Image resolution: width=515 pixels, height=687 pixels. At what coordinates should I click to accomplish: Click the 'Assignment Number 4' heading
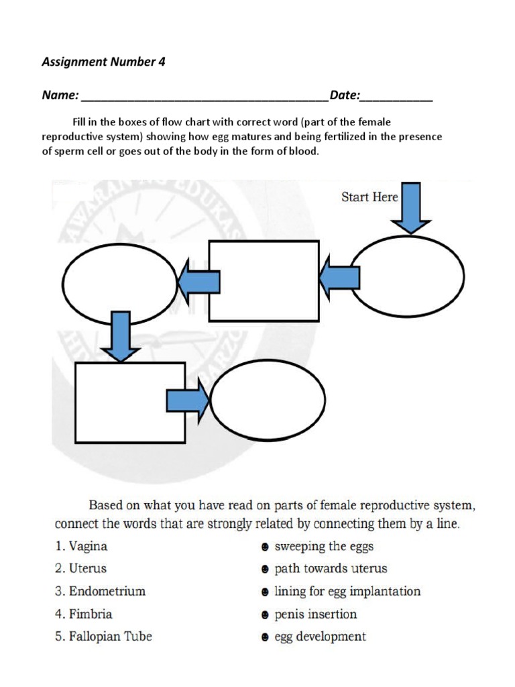pos(103,62)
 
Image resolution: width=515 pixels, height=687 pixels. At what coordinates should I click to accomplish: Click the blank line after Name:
pos(205,98)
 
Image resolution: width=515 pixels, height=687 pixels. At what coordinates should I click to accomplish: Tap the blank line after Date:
pos(396,98)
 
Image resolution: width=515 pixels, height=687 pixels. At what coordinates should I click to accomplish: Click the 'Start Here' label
pos(369,197)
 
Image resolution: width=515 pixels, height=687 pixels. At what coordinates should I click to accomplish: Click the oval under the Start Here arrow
pos(407,276)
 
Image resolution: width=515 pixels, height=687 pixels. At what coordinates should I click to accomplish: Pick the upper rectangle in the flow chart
pos(264,281)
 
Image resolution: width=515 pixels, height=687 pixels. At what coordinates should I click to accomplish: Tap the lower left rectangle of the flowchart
pos(129,403)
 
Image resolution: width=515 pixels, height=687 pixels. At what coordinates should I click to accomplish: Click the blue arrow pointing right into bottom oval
pos(188,401)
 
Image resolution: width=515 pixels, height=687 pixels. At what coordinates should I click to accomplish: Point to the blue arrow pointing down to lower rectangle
pos(120,336)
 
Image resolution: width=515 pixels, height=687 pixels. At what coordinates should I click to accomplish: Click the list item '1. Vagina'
pos(81,546)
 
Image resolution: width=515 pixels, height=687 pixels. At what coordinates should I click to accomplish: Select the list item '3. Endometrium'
pos(100,591)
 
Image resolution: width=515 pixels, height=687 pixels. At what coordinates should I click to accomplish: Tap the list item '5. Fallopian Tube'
pos(103,636)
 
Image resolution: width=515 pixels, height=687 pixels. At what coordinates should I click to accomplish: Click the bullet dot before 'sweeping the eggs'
pos(265,547)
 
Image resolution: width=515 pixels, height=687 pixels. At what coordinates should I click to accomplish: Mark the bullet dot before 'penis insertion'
pos(265,615)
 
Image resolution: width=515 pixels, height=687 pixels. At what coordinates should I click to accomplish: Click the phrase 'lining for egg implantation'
pos(347,592)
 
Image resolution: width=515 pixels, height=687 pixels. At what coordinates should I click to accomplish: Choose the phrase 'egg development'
pos(320,637)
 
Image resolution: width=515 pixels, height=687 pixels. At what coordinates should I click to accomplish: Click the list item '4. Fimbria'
pos(84,614)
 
